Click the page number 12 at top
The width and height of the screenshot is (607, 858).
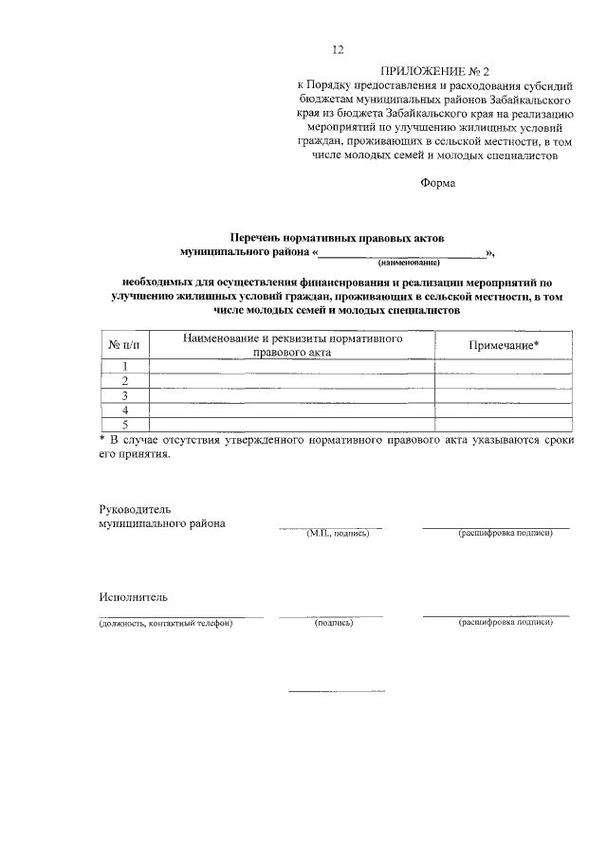[338, 50]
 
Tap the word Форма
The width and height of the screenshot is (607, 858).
[438, 183]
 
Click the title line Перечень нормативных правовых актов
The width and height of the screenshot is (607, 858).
[338, 237]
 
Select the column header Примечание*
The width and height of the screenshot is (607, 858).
[504, 345]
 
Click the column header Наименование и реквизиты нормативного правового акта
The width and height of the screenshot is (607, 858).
[292, 345]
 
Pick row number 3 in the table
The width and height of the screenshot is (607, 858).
[124, 395]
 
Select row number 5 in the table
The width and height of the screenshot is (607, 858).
[124, 424]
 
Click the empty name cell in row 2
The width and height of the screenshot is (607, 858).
[292, 381]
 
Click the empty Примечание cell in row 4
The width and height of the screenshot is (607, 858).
[504, 410]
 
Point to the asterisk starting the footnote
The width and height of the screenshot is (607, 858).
[103, 440]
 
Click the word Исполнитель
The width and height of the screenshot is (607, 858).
[133, 597]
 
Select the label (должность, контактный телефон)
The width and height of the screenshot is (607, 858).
[166, 623]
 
